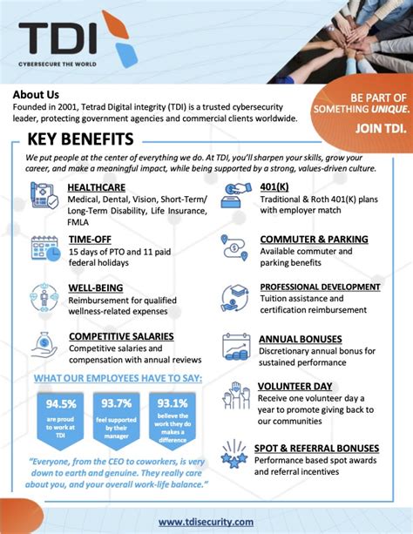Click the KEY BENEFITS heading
[x=80, y=140]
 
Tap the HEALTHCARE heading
[x=97, y=187]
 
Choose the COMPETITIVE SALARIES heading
[x=121, y=336]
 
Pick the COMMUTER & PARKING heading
[x=314, y=239]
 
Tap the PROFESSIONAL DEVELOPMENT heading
[x=320, y=287]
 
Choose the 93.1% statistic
[x=173, y=403]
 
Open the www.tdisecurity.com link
[x=206, y=522]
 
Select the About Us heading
[x=37, y=95]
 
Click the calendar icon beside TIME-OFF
[x=44, y=249]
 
